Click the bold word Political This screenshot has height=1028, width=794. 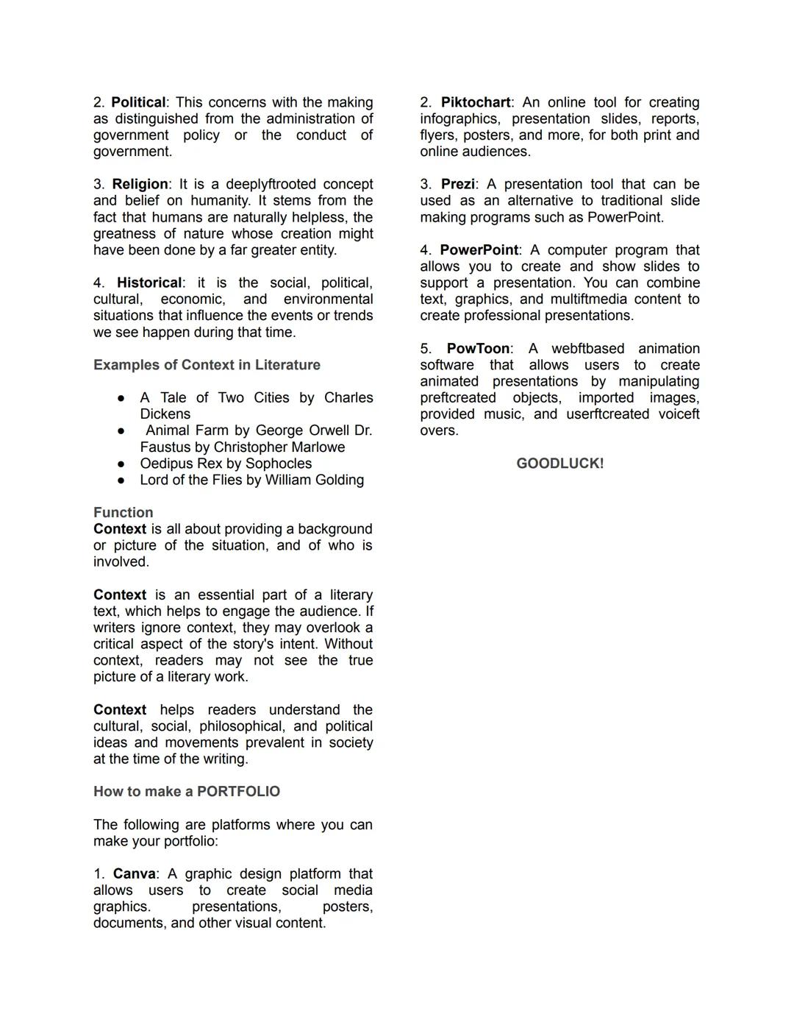138,102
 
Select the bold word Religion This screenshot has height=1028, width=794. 140,184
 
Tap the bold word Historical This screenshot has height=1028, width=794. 149,283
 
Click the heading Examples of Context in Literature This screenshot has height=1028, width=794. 207,365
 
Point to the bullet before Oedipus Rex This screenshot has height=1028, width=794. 121,464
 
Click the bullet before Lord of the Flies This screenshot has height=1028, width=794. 121,481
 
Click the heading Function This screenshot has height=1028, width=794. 124,512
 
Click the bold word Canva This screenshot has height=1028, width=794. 134,873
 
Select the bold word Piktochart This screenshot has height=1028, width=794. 476,102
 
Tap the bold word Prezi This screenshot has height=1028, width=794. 457,184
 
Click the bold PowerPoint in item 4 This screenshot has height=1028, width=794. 479,250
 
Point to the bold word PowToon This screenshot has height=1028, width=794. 478,349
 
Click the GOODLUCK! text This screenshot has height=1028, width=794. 559,464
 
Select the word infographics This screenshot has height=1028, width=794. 459,118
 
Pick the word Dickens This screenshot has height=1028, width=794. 165,414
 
